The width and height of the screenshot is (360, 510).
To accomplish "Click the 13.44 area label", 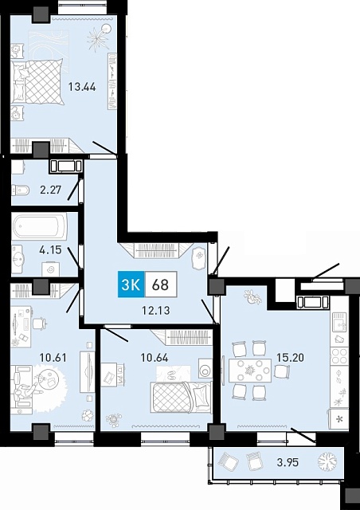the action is tap(81, 87).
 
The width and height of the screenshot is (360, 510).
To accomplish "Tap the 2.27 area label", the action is tap(50, 190).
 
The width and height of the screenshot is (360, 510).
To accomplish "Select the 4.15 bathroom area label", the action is tap(50, 249).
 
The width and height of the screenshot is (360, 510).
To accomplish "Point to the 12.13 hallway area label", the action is tap(156, 310).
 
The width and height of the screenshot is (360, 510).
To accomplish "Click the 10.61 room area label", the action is tap(53, 358).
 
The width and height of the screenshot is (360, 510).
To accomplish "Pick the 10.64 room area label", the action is tap(155, 358).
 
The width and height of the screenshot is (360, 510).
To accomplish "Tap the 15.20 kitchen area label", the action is tap(290, 358).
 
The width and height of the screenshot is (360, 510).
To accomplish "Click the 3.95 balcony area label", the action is tap(288, 462).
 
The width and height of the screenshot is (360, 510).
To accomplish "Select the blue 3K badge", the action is tap(131, 285).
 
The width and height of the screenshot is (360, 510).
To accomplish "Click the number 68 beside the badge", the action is tap(161, 285).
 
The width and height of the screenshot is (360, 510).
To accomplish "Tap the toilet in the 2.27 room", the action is tap(21, 190).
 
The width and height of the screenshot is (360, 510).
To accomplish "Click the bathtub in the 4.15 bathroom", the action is tap(40, 226).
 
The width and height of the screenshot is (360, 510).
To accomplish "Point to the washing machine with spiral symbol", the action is tap(51, 269).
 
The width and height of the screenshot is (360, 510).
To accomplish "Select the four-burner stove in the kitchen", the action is tap(339, 357).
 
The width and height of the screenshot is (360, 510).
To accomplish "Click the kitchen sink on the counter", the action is tap(339, 321).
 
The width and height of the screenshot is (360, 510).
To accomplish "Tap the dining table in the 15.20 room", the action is tap(250, 370).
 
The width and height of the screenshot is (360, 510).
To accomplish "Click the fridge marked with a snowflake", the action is tap(339, 418).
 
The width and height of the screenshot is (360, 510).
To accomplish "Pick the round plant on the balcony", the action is tap(327, 461).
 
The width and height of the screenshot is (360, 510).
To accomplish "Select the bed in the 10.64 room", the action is tap(181, 397).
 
